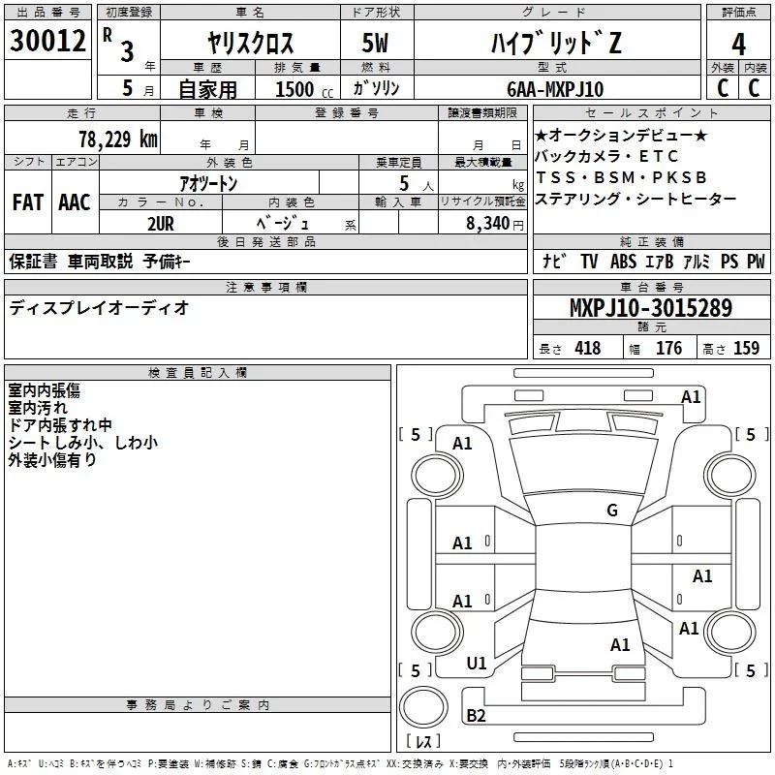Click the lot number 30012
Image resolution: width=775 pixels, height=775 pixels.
(x=47, y=41)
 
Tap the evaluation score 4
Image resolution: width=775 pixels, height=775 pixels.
(x=738, y=45)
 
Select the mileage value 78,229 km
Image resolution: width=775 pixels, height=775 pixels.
(x=118, y=139)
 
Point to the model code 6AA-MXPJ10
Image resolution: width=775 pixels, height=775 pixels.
(x=555, y=89)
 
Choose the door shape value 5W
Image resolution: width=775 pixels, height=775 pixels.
(x=375, y=43)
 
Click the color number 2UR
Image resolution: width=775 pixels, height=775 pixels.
(x=161, y=224)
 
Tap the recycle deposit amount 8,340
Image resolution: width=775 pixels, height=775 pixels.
(x=487, y=224)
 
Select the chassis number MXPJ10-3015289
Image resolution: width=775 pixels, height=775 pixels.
(x=651, y=307)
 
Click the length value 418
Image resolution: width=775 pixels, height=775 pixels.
(x=588, y=349)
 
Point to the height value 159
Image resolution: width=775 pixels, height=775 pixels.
(x=746, y=349)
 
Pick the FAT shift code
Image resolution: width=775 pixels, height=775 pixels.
(x=28, y=202)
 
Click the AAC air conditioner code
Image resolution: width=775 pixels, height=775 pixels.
(x=75, y=202)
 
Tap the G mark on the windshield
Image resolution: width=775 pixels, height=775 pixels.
(x=612, y=511)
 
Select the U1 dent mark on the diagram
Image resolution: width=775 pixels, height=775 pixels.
(x=477, y=664)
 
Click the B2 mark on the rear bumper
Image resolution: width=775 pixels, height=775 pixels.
(x=476, y=716)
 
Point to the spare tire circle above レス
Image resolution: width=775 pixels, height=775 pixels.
(x=423, y=706)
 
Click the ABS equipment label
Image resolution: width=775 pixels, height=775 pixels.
(x=623, y=262)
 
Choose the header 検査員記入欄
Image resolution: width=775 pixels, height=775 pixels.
(x=198, y=373)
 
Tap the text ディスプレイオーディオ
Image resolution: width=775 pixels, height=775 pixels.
(x=99, y=308)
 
